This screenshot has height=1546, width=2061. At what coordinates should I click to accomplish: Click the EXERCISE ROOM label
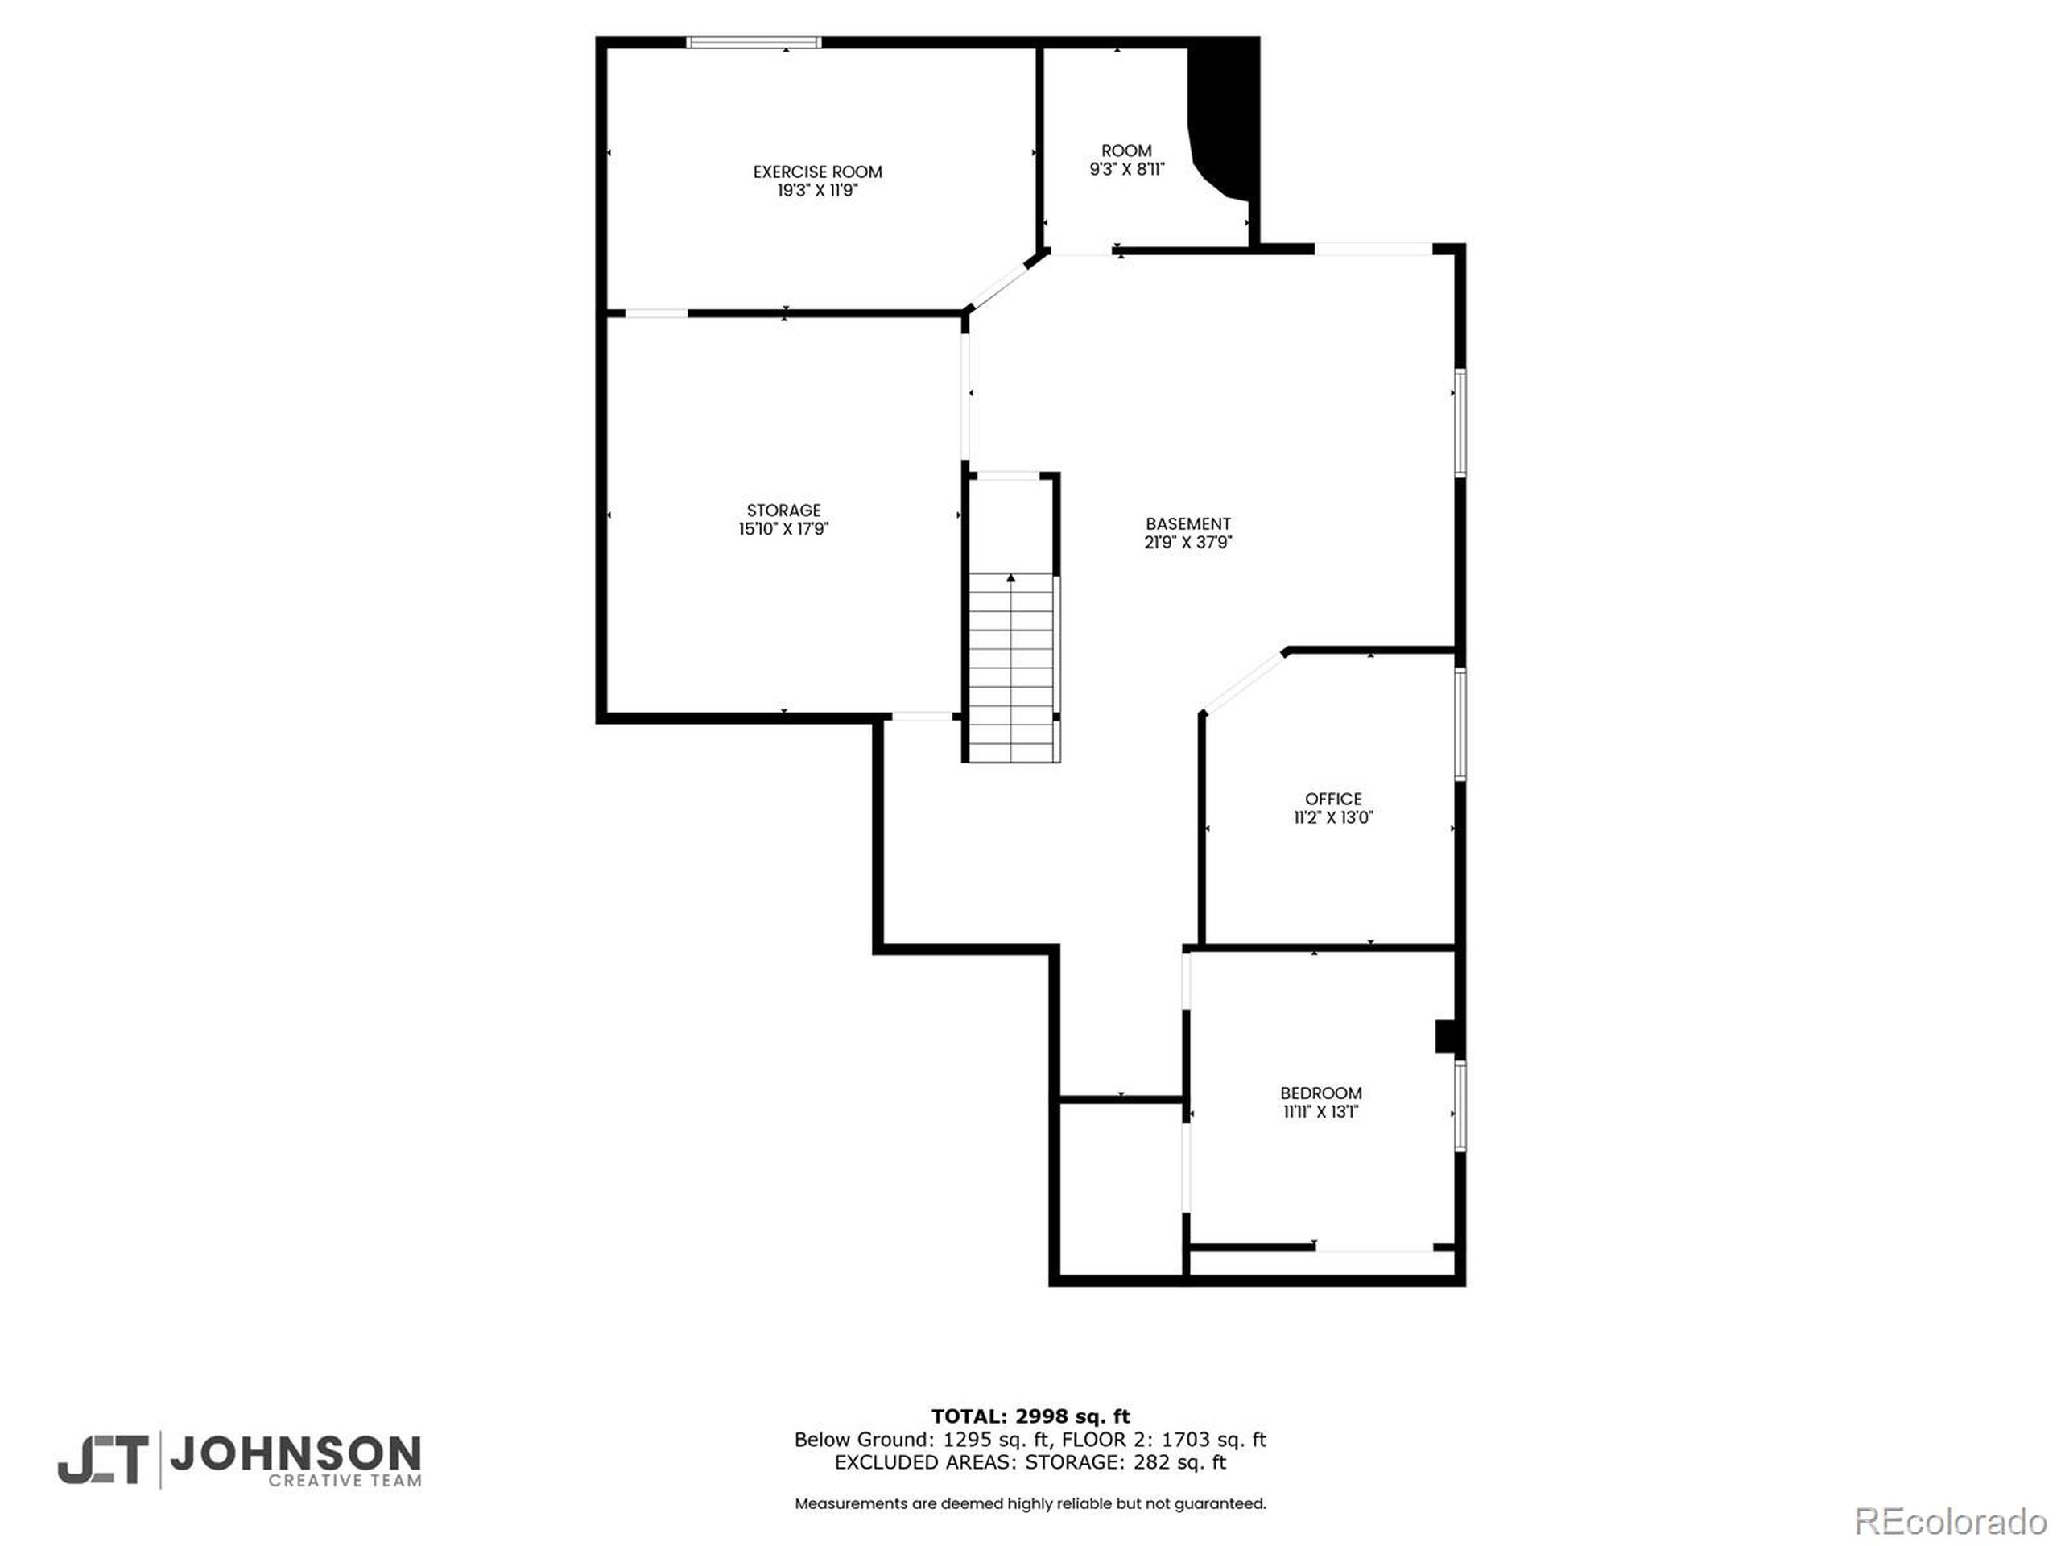coord(817,172)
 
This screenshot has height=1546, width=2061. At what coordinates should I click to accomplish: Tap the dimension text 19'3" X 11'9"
coord(817,191)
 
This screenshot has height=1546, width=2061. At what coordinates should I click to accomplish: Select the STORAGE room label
coord(783,510)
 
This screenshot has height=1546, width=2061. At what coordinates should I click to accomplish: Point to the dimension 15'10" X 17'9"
coord(783,529)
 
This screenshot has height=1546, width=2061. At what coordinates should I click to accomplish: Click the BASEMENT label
coord(1188,523)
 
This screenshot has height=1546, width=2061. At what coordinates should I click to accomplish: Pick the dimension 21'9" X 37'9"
coord(1188,543)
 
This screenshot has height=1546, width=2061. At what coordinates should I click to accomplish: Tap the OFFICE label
coord(1333,799)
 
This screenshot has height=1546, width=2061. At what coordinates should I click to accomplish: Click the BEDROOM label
coord(1321,1093)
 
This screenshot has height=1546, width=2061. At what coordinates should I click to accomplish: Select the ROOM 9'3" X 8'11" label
coord(1126,159)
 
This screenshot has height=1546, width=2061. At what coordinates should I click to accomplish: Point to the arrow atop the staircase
coord(1011,579)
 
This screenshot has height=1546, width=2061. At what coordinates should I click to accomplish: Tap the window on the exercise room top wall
coord(754,42)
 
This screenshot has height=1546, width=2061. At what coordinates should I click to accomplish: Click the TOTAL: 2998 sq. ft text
coord(1030,1416)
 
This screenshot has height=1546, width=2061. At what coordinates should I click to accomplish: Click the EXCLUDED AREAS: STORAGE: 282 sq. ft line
coord(1030,1462)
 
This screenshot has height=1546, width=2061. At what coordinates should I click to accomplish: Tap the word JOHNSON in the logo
coord(295,1453)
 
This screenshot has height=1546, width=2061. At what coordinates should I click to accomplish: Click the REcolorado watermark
coord(1950,1522)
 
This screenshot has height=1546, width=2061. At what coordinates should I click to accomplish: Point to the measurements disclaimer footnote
coord(1030,1503)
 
